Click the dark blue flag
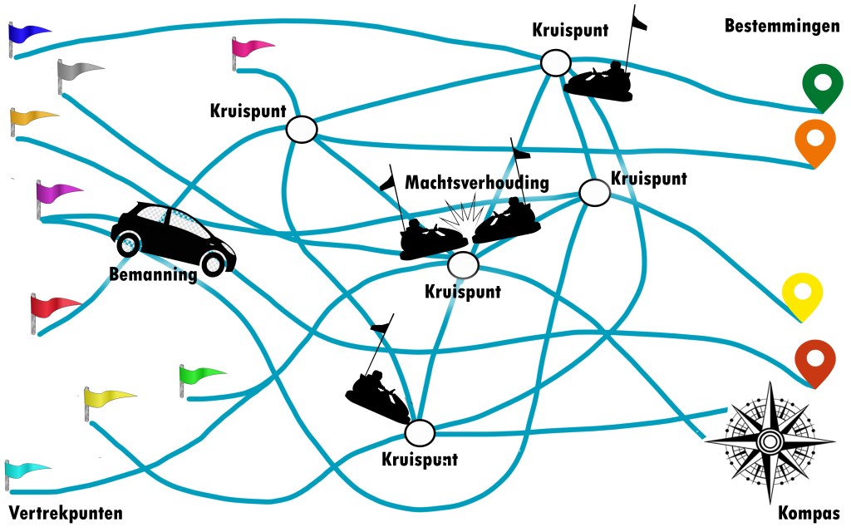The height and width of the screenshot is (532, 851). tap(28, 33)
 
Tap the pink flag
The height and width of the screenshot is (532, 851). tap(253, 47)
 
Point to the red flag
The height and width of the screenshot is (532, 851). tap(53, 306)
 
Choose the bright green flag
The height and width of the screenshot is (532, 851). tap(201, 373)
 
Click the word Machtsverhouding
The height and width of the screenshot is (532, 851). tap(477, 182)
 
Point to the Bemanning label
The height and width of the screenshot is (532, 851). tap(153, 273)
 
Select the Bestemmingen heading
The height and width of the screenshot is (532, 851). tap(781, 27)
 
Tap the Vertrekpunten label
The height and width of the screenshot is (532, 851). tap(66, 512)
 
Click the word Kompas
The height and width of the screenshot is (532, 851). tap(809, 513)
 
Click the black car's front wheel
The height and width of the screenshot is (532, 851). tap(214, 264)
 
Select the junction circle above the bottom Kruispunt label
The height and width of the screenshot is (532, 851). tap(420, 432)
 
